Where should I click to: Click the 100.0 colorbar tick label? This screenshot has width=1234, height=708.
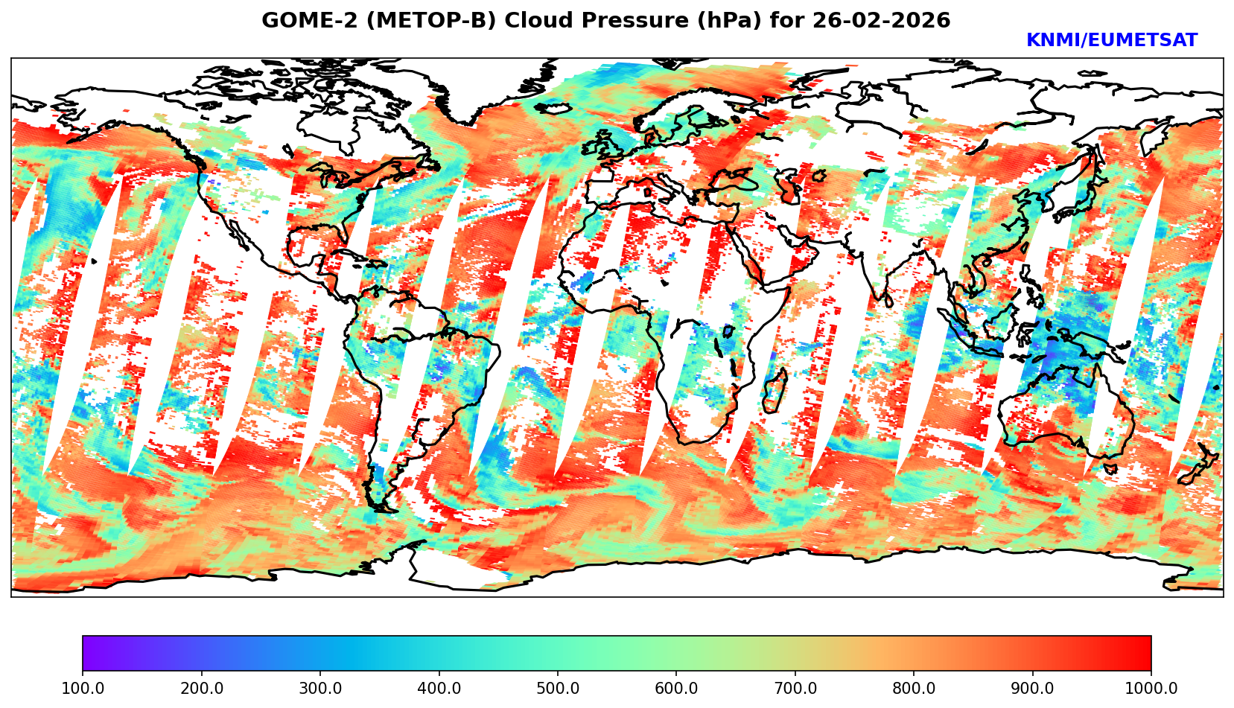(83, 689)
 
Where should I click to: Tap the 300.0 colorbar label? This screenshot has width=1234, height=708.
(320, 689)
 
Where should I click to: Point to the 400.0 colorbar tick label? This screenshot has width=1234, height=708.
(439, 689)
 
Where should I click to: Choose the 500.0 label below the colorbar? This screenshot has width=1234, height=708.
(558, 689)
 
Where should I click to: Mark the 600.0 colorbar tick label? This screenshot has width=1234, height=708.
(676, 689)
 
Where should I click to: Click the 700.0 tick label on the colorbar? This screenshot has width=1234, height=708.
(795, 689)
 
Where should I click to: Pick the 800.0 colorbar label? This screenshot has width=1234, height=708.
(914, 689)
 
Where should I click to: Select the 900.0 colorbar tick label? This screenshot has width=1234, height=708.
(1032, 689)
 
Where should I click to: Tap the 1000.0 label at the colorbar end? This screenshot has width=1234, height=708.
(1151, 689)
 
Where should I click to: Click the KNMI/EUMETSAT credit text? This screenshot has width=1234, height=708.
(1111, 41)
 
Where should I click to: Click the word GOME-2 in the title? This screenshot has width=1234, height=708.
(302, 21)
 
